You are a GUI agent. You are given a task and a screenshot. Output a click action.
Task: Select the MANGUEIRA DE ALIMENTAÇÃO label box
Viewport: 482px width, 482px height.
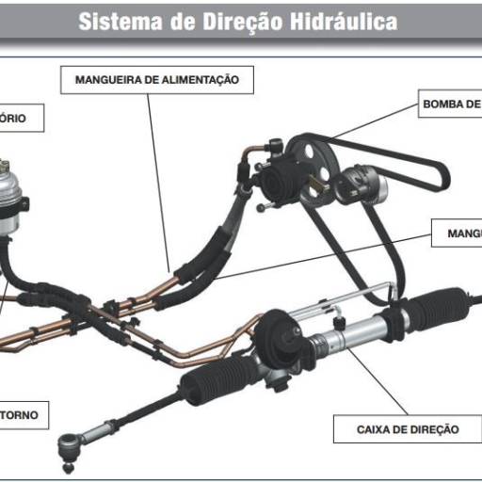click(157, 80)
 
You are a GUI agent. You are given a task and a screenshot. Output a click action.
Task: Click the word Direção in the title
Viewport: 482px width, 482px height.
click(240, 21)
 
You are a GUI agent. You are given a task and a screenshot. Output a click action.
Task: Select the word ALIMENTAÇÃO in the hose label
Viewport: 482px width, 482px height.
click(208, 80)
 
